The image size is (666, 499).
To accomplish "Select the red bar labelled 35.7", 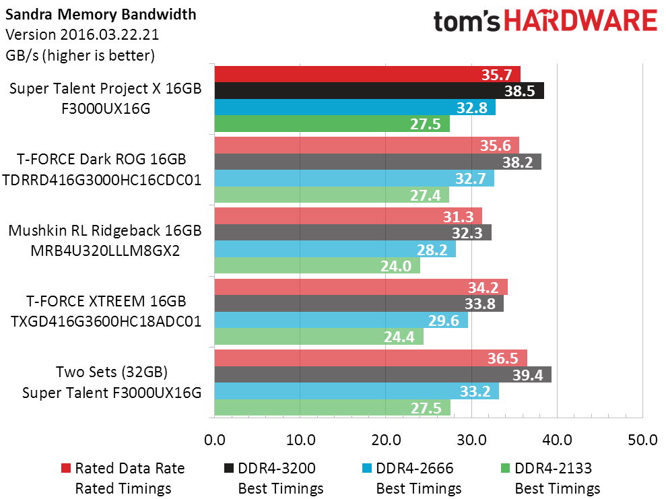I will (367, 74).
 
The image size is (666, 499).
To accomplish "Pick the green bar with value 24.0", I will (317, 266).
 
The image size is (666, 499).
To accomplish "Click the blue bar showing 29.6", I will (341, 321).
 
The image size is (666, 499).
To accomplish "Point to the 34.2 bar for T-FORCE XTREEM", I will (360, 287).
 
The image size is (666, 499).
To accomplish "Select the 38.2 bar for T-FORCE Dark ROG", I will (377, 162).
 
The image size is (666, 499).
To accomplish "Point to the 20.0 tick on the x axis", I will (385, 440).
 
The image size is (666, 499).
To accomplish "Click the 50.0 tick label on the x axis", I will (642, 440).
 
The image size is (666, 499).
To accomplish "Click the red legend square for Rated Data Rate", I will (65, 468).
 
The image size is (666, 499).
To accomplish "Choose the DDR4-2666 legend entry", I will (418, 468).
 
